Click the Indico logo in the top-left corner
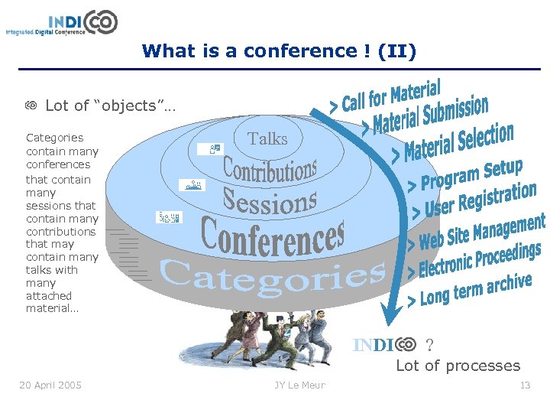click(62, 23)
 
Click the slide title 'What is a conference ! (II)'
click(279, 51)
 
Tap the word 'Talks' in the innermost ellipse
click(268, 138)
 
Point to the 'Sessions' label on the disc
click(270, 201)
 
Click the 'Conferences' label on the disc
click(273, 236)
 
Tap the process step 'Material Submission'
click(426, 115)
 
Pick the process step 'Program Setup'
click(465, 176)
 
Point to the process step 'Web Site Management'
click(481, 233)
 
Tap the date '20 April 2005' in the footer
click(50, 385)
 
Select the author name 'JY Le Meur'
click(299, 385)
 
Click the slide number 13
click(525, 385)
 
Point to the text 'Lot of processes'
click(458, 366)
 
